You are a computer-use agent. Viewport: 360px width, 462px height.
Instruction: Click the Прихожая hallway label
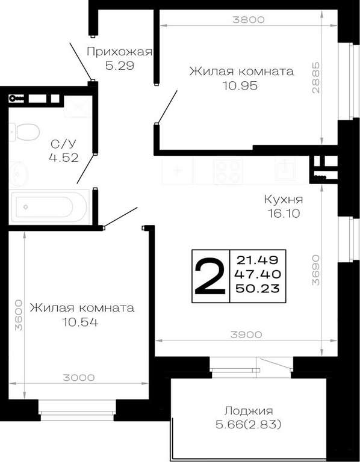click(119, 52)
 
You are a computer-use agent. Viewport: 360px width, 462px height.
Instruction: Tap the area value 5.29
click(120, 66)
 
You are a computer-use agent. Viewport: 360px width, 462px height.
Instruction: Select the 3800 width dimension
click(248, 20)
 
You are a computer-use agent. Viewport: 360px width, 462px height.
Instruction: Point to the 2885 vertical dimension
click(315, 77)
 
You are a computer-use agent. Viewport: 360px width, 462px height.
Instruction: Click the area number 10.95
click(240, 86)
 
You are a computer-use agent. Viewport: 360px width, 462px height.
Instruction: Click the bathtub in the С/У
click(49, 206)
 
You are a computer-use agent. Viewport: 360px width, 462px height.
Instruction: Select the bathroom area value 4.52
click(64, 158)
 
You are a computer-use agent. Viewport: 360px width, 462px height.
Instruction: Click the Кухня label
click(284, 200)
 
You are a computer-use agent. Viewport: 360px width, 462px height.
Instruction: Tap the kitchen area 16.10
click(284, 213)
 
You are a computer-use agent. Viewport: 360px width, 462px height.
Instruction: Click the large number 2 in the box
click(210, 276)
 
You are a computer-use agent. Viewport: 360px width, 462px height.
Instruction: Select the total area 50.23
click(258, 288)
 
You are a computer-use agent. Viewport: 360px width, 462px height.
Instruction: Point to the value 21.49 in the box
click(258, 260)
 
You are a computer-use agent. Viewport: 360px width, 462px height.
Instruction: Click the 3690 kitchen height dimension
click(315, 270)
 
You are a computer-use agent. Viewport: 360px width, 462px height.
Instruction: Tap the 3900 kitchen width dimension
click(246, 334)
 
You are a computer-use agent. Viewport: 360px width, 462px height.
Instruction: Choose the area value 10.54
click(80, 322)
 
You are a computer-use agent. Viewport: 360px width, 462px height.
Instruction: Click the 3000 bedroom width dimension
click(79, 377)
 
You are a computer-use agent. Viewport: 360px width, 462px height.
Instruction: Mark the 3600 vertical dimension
click(18, 315)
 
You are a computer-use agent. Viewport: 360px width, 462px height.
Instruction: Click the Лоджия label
click(249, 410)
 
